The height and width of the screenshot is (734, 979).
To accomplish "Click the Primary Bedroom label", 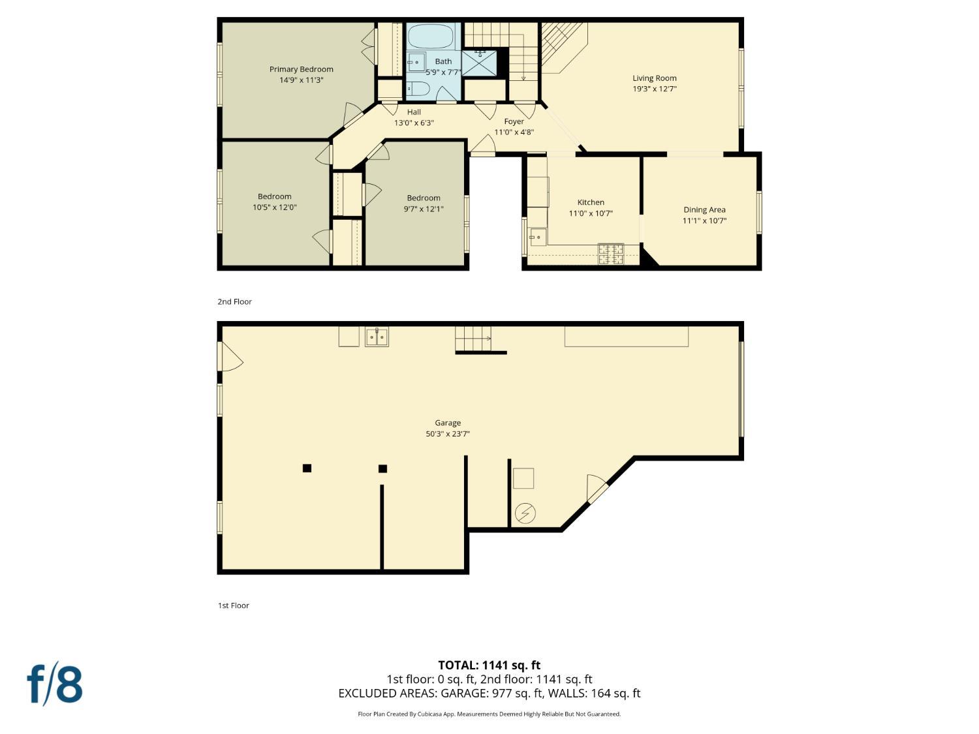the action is [301, 69].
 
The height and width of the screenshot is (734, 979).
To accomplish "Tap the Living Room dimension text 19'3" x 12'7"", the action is [655, 89].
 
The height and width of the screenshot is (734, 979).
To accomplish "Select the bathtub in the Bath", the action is [431, 37].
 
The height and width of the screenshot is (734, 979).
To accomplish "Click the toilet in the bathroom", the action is [418, 89].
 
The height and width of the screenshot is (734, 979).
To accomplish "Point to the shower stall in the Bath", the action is [479, 63].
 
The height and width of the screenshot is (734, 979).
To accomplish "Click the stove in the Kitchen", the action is [611, 254].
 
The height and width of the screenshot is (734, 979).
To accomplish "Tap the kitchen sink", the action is [538, 237].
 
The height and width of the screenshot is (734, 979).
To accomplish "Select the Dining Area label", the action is [704, 209].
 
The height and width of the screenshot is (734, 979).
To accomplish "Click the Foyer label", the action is [514, 121].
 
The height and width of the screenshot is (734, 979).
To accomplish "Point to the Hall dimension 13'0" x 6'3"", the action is [413, 123].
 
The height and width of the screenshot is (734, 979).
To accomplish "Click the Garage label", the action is [448, 423].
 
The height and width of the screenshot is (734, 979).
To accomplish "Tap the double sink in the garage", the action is [377, 337].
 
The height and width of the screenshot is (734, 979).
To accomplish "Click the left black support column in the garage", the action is [307, 468].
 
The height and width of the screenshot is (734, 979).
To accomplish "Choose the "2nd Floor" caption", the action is [234, 301].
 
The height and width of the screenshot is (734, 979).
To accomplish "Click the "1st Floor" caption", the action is [233, 605].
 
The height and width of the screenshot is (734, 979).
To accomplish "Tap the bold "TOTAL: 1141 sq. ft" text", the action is [489, 665].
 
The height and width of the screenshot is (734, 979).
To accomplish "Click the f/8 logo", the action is [54, 684].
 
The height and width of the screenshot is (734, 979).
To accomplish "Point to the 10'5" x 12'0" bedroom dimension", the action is [274, 207].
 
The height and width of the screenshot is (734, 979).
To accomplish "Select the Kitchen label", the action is [591, 202].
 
